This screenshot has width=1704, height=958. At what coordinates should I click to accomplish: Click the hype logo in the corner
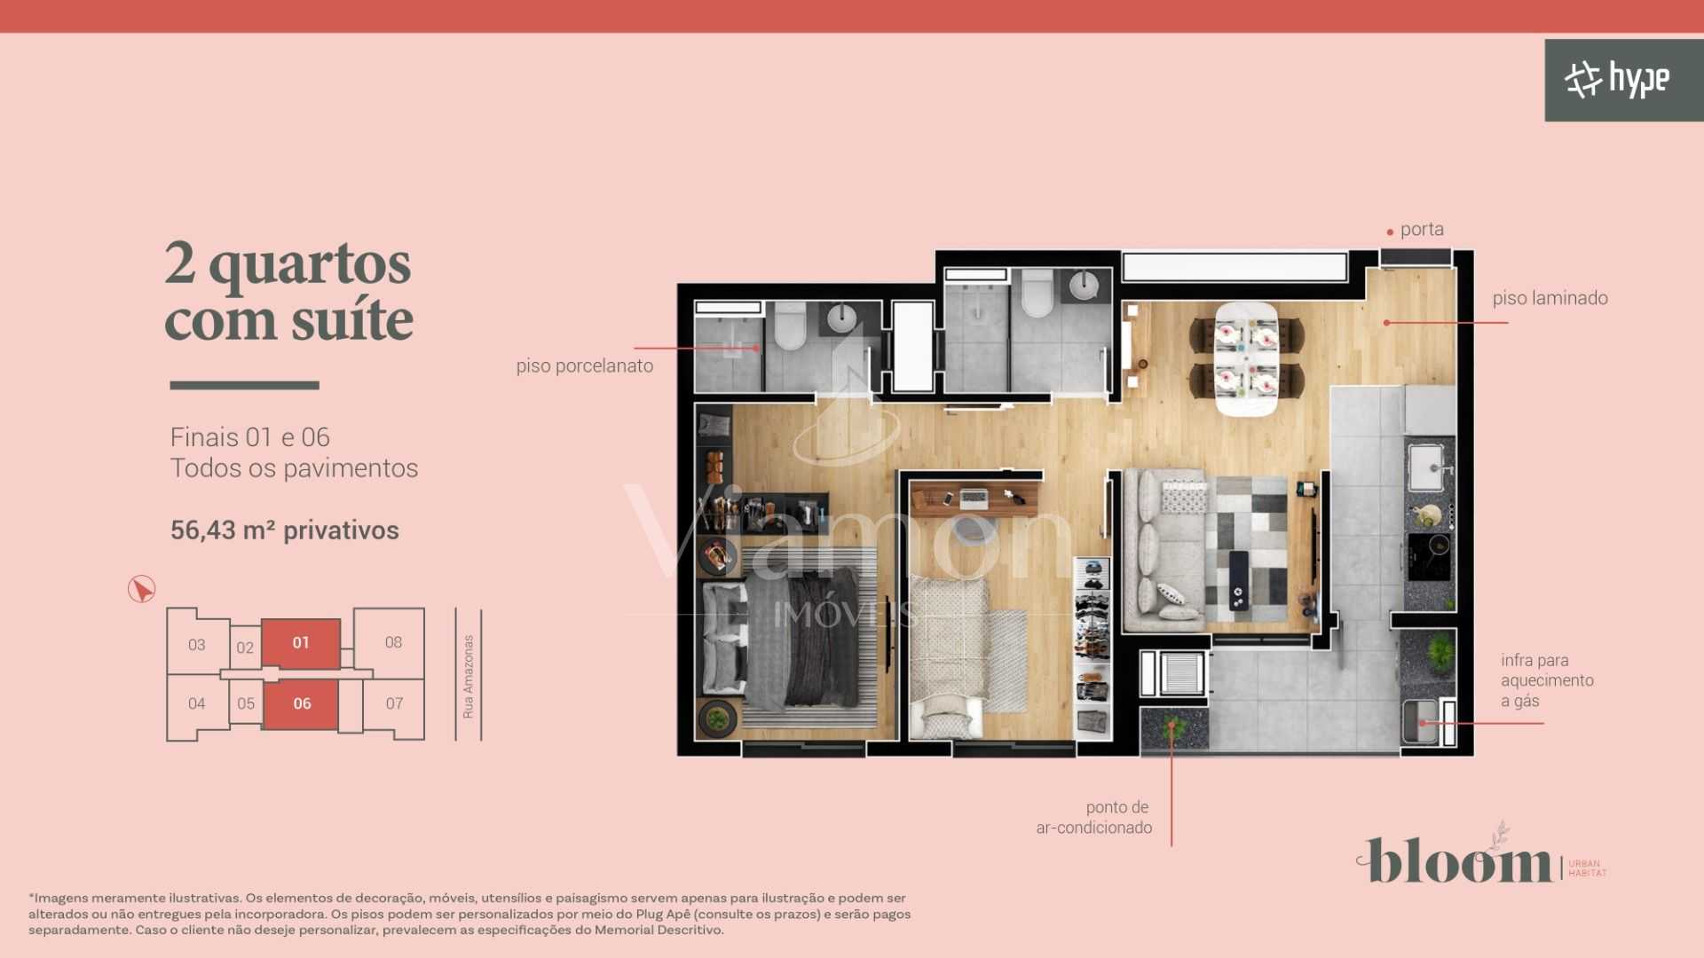click(1617, 80)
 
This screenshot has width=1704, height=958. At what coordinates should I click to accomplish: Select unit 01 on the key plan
click(301, 643)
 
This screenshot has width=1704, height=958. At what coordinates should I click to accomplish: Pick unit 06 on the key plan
click(302, 703)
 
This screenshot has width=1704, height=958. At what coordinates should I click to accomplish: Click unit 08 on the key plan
click(393, 642)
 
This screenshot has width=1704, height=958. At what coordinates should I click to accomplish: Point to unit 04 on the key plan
click(196, 703)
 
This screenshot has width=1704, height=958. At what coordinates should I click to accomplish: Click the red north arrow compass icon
click(141, 589)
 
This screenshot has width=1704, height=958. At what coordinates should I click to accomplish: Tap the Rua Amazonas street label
click(468, 676)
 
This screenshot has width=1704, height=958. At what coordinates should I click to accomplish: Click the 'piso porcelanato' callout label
click(584, 365)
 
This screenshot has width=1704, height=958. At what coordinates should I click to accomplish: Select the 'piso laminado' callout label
click(1550, 298)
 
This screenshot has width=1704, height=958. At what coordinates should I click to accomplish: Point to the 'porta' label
click(1421, 230)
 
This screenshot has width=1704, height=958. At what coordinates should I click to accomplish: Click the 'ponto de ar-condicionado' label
click(1094, 817)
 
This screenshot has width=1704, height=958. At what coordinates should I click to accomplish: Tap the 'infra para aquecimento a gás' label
click(1547, 680)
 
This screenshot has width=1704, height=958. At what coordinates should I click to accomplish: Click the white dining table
click(1246, 358)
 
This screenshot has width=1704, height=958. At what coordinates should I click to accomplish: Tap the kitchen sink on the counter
click(1426, 466)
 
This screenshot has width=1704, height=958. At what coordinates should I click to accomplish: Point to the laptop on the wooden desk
click(974, 498)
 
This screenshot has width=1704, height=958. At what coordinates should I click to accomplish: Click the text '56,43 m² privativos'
click(285, 530)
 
